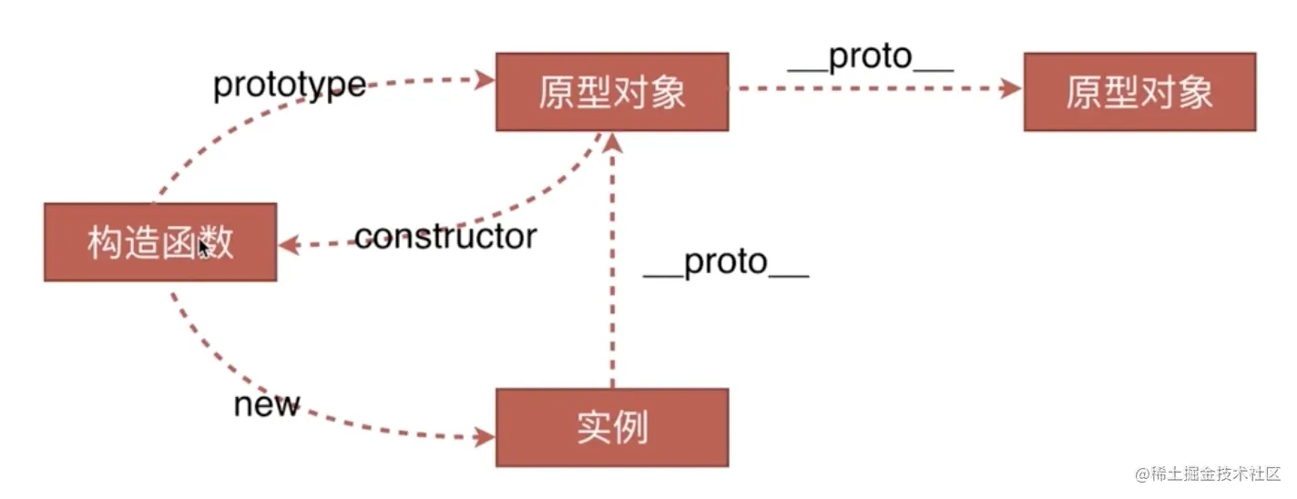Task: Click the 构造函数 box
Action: point(160,242)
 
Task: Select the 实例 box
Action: point(612,427)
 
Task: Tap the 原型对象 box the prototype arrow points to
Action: point(612,92)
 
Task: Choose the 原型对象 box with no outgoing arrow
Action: point(1139,92)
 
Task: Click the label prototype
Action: point(290,86)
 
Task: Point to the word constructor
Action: point(445,237)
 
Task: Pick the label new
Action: point(266,404)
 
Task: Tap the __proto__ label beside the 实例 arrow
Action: point(726,262)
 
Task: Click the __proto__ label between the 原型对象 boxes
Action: point(870,56)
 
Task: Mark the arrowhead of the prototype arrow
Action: point(485,79)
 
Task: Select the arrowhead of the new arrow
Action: point(485,436)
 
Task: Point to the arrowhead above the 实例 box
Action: point(613,141)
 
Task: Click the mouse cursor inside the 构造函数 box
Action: point(205,248)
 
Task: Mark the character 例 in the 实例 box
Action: point(631,427)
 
